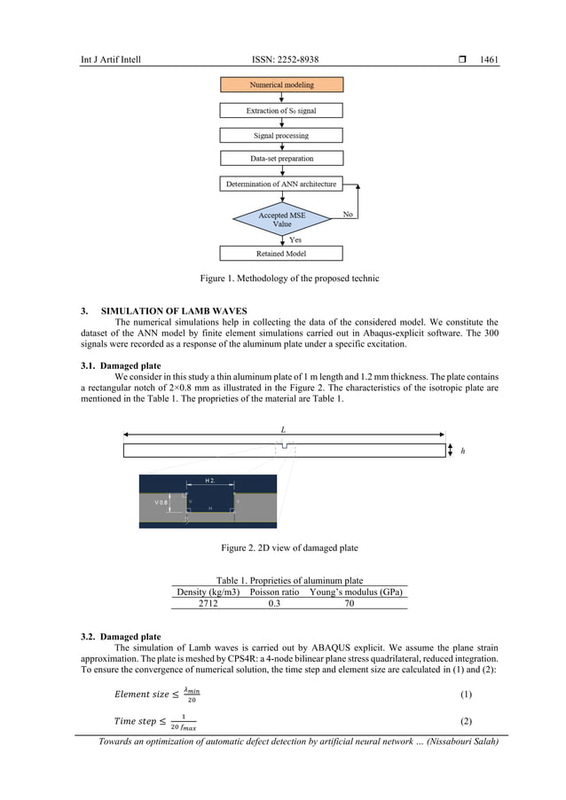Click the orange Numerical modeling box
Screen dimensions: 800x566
(x=281, y=85)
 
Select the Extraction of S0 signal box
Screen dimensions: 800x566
(x=281, y=111)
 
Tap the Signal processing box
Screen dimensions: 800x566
(x=281, y=136)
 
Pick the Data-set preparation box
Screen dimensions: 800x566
(x=281, y=159)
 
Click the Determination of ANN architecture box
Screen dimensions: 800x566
(x=281, y=184)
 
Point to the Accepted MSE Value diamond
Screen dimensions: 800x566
(x=281, y=219)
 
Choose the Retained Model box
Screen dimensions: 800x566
(x=281, y=254)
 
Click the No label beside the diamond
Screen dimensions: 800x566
(x=350, y=215)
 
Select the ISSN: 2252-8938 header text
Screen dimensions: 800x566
(x=286, y=60)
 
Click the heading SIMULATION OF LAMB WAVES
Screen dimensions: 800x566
(x=174, y=311)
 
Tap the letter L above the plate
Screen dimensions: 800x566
(x=283, y=429)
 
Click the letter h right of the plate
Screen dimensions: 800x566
(x=463, y=451)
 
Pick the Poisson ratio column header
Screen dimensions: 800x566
(x=274, y=592)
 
